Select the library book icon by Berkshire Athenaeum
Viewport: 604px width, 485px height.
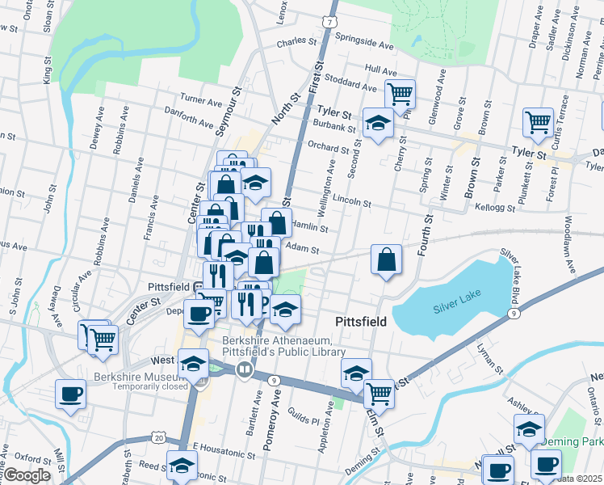coord(245,369)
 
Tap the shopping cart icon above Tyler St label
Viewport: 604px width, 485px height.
coord(400,95)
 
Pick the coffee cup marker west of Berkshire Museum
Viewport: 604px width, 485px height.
coord(70,394)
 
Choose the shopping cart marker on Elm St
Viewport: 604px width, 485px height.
coord(378,394)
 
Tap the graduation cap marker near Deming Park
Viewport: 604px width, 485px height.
coord(529,429)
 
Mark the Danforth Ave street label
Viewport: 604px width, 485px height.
coord(189,117)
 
